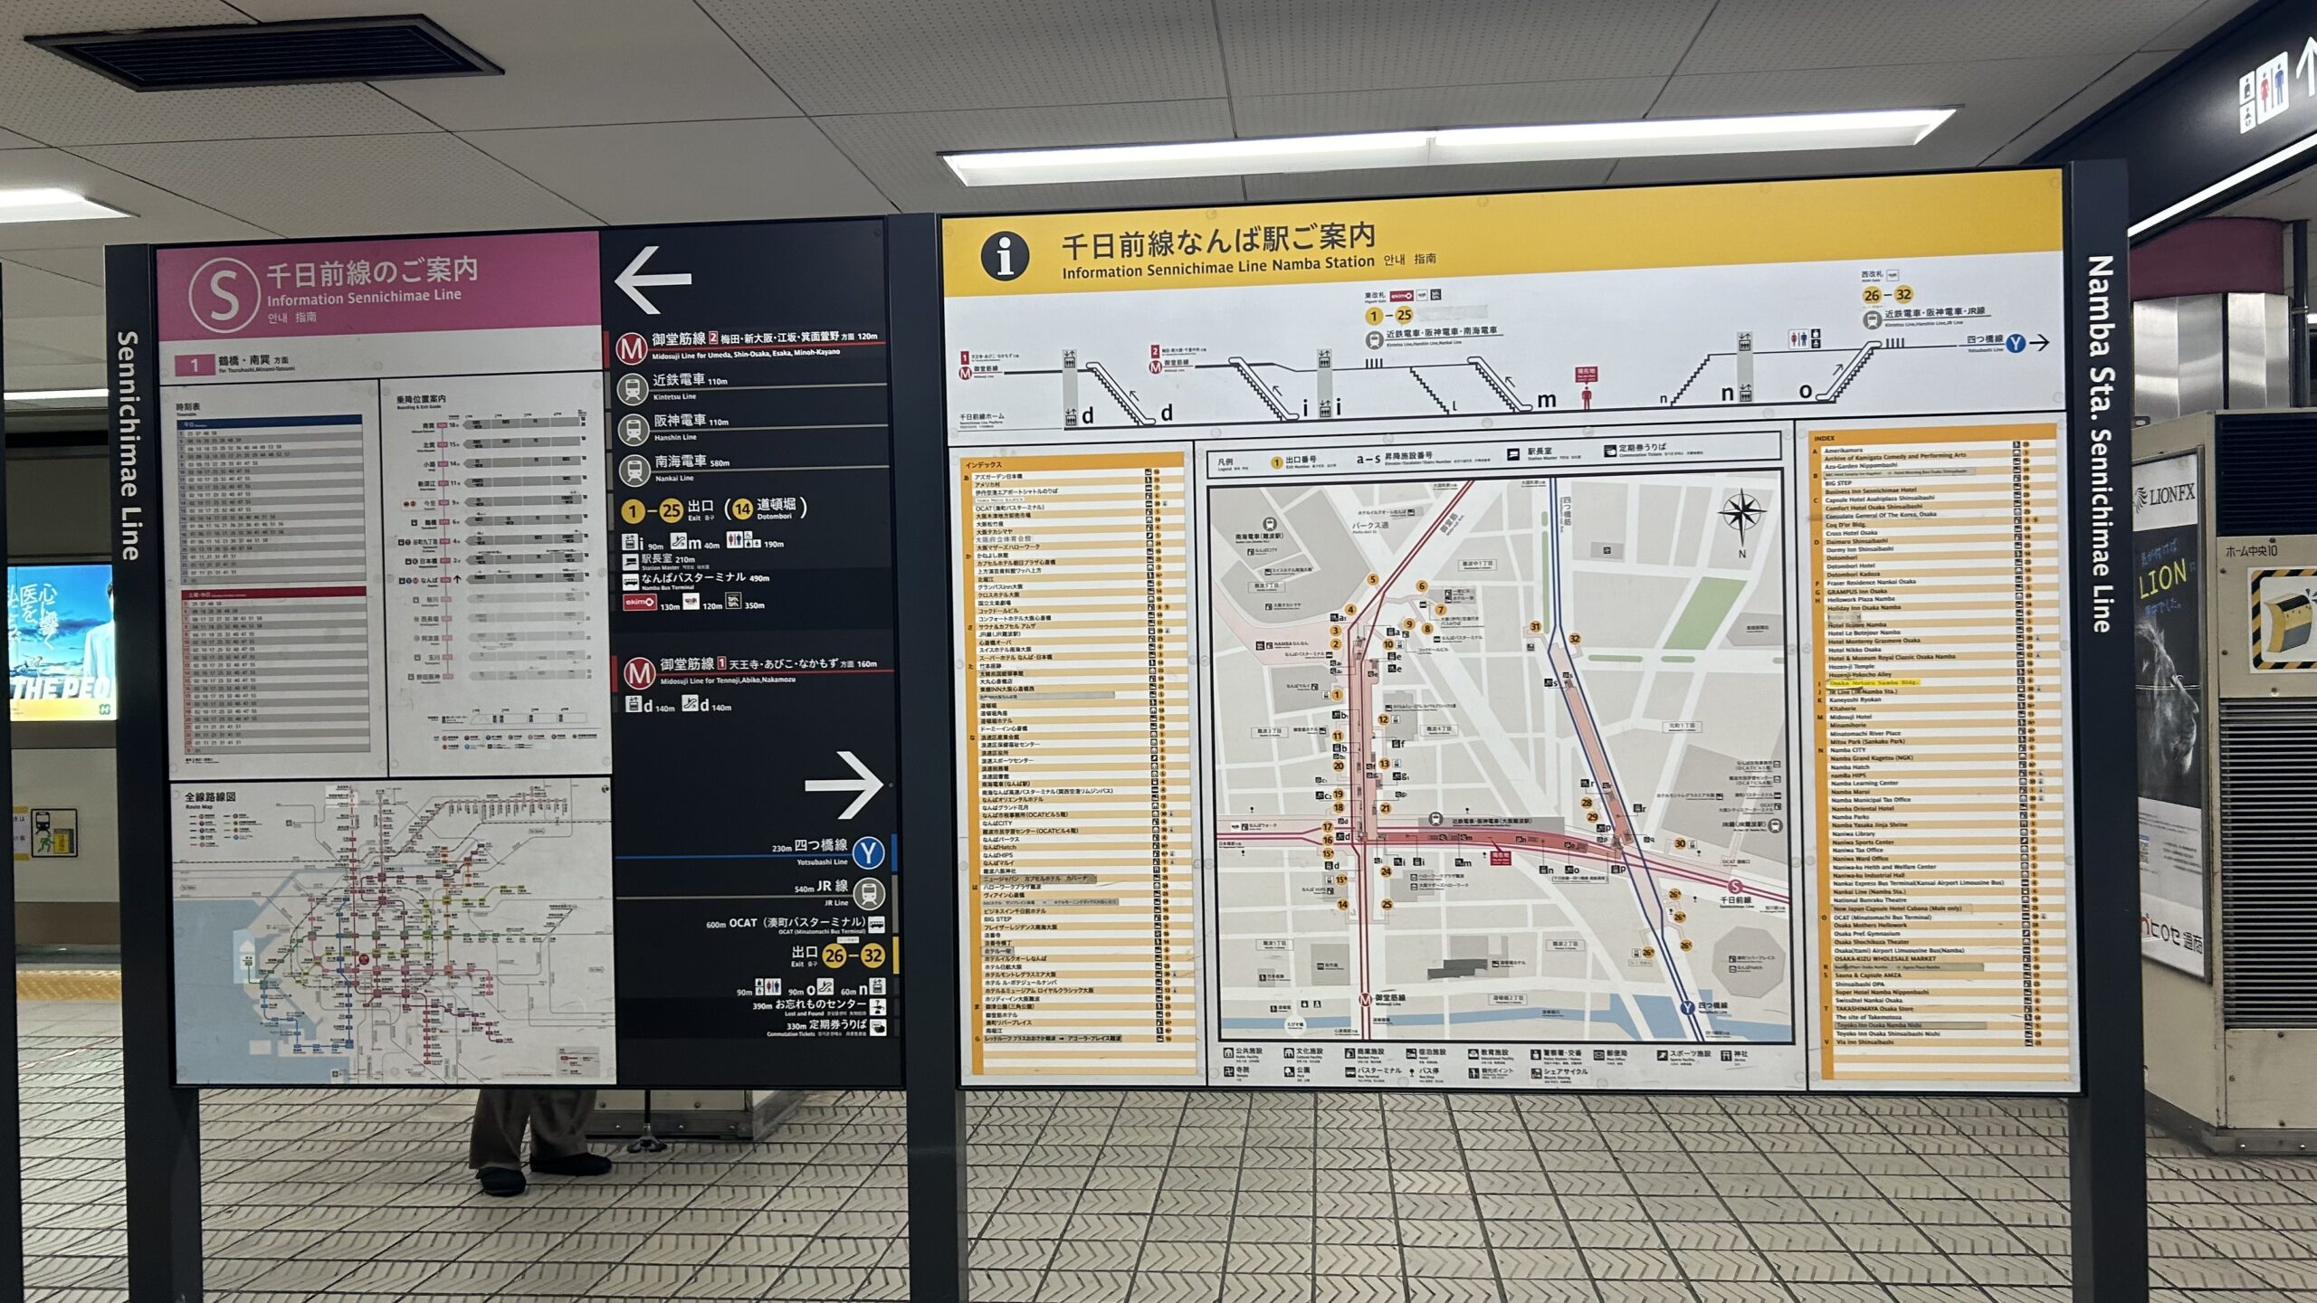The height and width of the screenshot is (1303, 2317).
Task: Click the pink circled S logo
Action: point(224,295)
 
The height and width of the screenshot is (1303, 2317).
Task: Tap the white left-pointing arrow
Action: point(653,279)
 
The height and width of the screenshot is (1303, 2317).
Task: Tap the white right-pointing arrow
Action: point(844,785)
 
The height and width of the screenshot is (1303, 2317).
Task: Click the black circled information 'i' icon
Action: point(1005,255)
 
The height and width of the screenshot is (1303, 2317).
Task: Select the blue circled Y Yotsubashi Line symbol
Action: point(868,851)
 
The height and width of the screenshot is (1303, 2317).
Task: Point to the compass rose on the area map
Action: point(1740,513)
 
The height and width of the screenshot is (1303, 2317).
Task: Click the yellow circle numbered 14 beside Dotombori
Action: point(742,509)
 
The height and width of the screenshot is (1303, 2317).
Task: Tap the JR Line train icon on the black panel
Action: point(868,893)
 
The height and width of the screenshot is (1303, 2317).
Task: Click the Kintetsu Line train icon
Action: point(632,389)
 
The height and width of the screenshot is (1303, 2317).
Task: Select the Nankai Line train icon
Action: point(632,470)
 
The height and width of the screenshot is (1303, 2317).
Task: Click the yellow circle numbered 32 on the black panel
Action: point(872,956)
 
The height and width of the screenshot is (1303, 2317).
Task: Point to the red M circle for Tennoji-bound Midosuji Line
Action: point(639,672)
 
